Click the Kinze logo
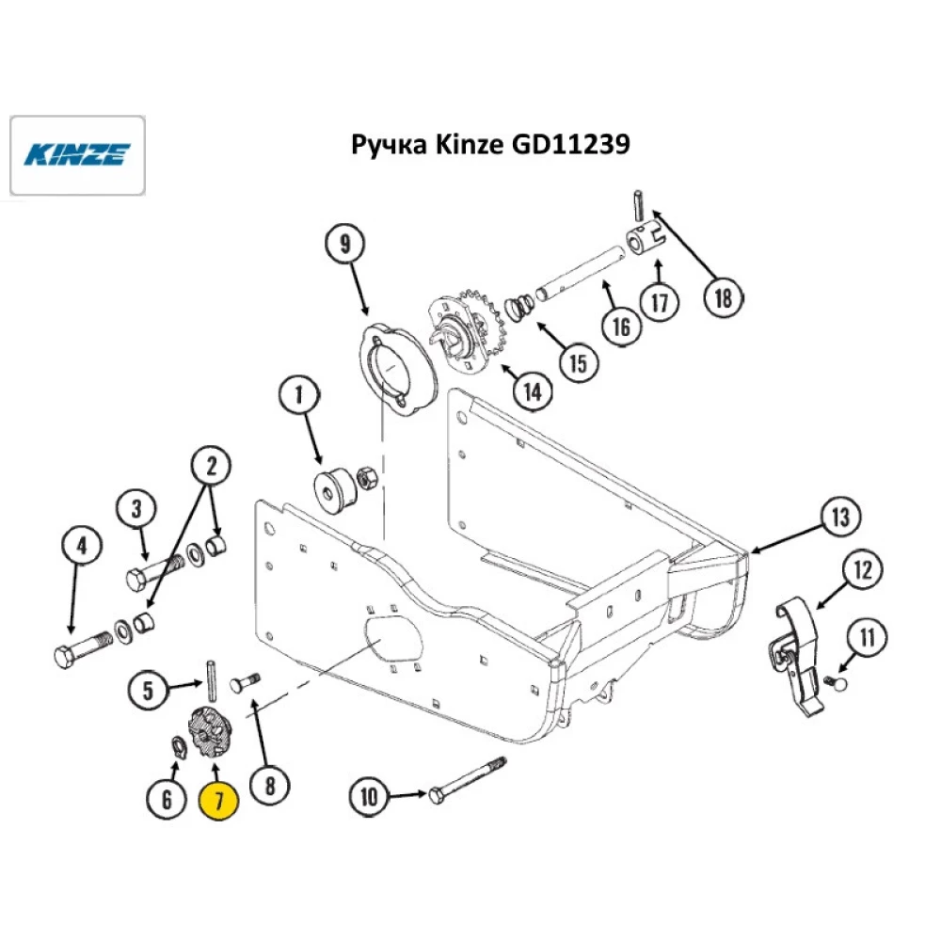[x=77, y=153]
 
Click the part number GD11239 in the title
[x=568, y=145]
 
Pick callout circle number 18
[x=723, y=298]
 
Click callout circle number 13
[x=839, y=517]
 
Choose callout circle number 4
[x=82, y=545]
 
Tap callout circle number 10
[x=368, y=796]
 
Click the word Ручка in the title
[x=384, y=145]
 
